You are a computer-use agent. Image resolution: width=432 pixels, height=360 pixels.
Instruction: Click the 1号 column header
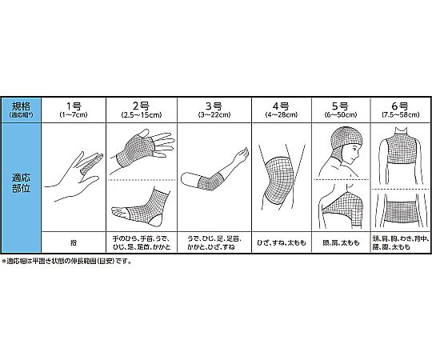[x=74, y=106]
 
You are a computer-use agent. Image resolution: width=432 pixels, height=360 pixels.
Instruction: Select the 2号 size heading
[x=141, y=106]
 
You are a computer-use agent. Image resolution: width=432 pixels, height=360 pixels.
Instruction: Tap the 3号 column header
[x=214, y=106]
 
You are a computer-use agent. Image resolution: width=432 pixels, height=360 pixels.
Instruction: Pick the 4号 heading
[x=281, y=106]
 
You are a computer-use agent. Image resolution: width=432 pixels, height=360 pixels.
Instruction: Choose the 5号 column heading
[x=341, y=106]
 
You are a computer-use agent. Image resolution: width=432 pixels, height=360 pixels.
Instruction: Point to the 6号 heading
[x=400, y=106]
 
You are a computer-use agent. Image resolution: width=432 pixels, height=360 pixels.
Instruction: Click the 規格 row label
[x=21, y=106]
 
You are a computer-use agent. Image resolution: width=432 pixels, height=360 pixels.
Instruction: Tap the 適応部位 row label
[x=21, y=183]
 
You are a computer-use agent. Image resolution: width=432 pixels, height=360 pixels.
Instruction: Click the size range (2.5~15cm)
[x=142, y=115]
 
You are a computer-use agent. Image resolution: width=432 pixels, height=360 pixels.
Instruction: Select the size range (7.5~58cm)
[x=401, y=115]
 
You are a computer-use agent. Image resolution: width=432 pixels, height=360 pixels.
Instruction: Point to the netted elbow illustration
[x=210, y=182]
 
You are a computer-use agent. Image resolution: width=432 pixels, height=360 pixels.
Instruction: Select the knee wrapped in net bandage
[x=280, y=181]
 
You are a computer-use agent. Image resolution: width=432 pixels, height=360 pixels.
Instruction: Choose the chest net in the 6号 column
[x=401, y=150]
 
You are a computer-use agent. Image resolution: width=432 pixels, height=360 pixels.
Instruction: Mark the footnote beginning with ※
[x=66, y=261]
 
